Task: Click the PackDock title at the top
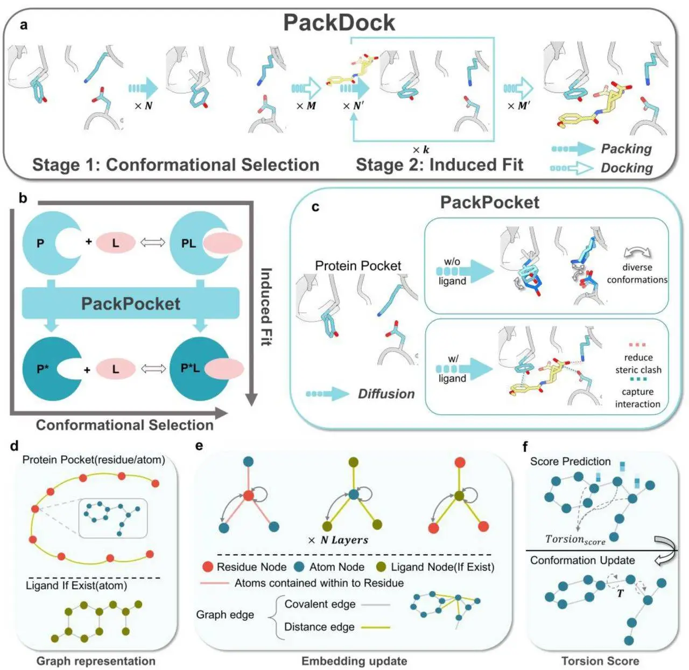[x=339, y=23]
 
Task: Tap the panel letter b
[x=23, y=198]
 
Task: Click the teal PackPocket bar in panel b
[x=130, y=303]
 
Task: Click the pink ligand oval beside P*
[x=115, y=369]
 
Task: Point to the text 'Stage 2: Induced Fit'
[x=439, y=164]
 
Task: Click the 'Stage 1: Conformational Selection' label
[x=176, y=164]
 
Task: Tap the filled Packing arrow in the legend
[x=572, y=149]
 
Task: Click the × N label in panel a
[x=144, y=106]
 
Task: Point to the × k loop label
[x=421, y=150]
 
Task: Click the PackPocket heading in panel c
[x=489, y=202]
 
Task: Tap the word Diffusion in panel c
[x=386, y=394]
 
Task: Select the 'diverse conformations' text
[x=637, y=274]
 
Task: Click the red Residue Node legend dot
[x=207, y=567]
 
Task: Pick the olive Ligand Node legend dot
[x=381, y=567]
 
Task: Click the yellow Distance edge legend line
[x=375, y=627]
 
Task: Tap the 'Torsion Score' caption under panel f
[x=600, y=661]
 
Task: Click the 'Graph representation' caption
[x=96, y=661]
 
